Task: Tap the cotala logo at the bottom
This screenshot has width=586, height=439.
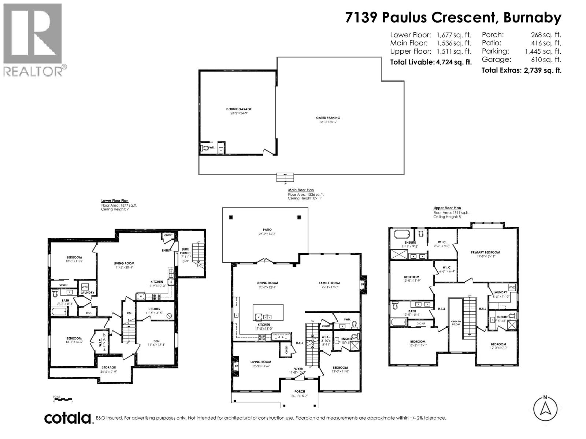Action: [68, 418]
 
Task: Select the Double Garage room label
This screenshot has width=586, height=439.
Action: [239, 109]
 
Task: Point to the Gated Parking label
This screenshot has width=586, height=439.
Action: [328, 118]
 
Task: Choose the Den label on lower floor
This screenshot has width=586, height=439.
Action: [156, 341]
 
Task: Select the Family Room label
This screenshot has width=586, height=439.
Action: [329, 283]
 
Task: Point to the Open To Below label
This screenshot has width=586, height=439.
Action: [456, 323]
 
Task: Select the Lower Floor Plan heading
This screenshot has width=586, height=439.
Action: [115, 201]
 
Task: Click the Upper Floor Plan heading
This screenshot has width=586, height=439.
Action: [447, 208]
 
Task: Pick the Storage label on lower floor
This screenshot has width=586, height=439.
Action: [109, 367]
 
